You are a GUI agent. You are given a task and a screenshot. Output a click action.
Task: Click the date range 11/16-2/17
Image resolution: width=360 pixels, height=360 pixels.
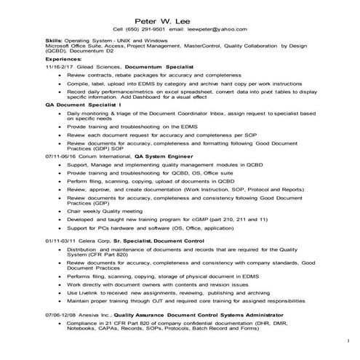pyautogui.click(x=58, y=67)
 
